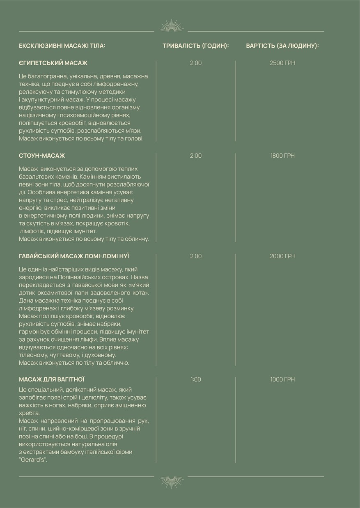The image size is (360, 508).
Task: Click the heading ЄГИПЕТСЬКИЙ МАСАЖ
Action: [53, 63]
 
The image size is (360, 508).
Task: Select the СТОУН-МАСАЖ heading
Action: [42, 156]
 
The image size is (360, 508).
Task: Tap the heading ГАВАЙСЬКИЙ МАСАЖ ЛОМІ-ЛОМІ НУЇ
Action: [74, 256]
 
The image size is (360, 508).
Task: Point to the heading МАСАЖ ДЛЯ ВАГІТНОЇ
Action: [52, 379]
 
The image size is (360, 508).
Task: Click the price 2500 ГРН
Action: [282, 63]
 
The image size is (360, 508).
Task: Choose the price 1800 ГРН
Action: [282, 156]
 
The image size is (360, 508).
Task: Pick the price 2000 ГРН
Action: [282, 256]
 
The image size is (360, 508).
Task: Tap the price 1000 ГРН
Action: [282, 379]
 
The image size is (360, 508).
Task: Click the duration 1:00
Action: [196, 379]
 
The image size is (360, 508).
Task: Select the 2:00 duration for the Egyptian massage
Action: [196, 63]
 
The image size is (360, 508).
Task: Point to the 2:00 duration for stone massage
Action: [196, 156]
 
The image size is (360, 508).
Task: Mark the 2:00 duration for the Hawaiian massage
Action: [196, 256]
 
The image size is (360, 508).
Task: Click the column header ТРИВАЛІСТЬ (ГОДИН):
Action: [196, 46]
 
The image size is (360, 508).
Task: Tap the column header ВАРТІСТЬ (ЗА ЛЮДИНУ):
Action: [282, 46]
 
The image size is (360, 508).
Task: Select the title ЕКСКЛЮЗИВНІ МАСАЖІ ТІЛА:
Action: [62, 46]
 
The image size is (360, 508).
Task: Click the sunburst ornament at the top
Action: [171, 26]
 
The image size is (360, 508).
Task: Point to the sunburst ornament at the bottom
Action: [171, 481]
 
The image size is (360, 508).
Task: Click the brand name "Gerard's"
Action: [33, 460]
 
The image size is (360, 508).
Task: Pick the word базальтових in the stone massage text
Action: [36, 177]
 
